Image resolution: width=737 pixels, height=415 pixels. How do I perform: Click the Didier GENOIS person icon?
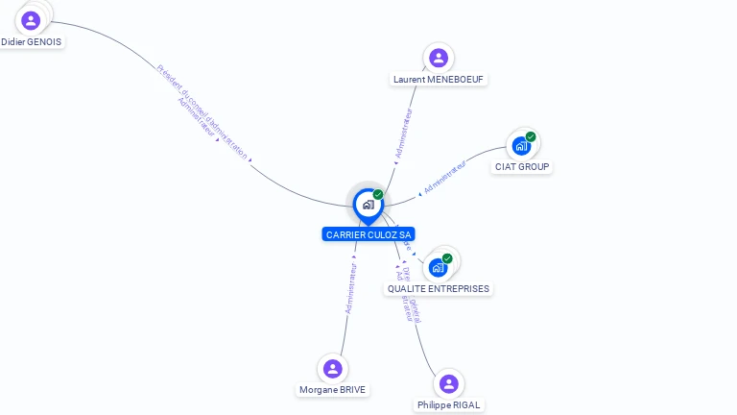pyautogui.click(x=31, y=20)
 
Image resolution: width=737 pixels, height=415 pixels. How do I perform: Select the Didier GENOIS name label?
pyautogui.click(x=32, y=42)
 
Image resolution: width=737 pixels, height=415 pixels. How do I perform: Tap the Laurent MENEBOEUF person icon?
pyautogui.click(x=439, y=58)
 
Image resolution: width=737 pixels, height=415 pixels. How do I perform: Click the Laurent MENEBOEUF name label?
pyautogui.click(x=440, y=79)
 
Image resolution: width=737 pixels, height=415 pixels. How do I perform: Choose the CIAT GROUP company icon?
pyautogui.click(x=521, y=146)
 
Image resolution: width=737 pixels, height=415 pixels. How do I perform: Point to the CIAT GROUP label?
pyautogui.click(x=522, y=167)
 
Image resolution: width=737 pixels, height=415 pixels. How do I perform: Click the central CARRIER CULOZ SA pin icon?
pyautogui.click(x=368, y=205)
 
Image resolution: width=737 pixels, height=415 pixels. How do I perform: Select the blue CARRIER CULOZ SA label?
pyautogui.click(x=368, y=234)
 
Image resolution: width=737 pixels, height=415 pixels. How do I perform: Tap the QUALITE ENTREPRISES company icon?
pyautogui.click(x=439, y=268)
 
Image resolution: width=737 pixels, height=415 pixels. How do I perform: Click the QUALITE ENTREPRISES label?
pyautogui.click(x=439, y=288)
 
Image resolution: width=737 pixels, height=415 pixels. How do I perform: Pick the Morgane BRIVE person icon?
pyautogui.click(x=333, y=369)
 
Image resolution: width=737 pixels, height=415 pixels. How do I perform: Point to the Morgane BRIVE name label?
pyautogui.click(x=332, y=390)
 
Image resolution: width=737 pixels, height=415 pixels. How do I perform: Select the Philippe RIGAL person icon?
pyautogui.click(x=448, y=384)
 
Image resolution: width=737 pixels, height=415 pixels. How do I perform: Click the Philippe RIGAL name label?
pyautogui.click(x=448, y=405)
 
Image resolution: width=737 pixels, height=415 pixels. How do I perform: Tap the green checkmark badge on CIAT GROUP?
pyautogui.click(x=531, y=136)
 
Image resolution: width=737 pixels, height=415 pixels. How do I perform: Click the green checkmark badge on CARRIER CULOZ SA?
pyautogui.click(x=378, y=195)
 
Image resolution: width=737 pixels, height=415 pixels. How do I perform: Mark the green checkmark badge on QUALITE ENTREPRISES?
pyautogui.click(x=447, y=258)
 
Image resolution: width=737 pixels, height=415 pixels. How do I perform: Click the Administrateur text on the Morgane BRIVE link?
pyautogui.click(x=351, y=288)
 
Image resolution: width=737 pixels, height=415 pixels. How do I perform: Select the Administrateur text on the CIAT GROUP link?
pyautogui.click(x=445, y=178)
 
